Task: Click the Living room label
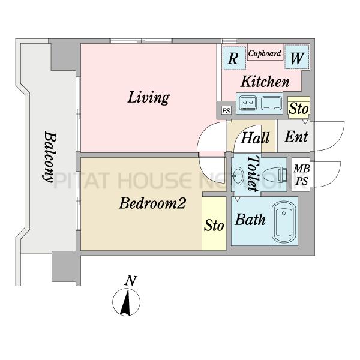click(x=148, y=97)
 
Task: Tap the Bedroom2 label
click(x=151, y=203)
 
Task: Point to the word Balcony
click(x=49, y=158)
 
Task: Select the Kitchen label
click(x=265, y=82)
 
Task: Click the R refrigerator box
click(x=232, y=58)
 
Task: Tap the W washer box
click(x=296, y=58)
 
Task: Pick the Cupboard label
click(x=265, y=54)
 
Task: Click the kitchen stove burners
click(x=248, y=104)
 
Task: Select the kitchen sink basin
click(x=271, y=103)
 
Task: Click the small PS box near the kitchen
click(x=226, y=111)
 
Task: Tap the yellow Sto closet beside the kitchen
click(x=298, y=108)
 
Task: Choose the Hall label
click(x=254, y=138)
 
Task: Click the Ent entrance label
click(x=295, y=137)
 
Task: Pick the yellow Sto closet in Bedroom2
click(x=214, y=227)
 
